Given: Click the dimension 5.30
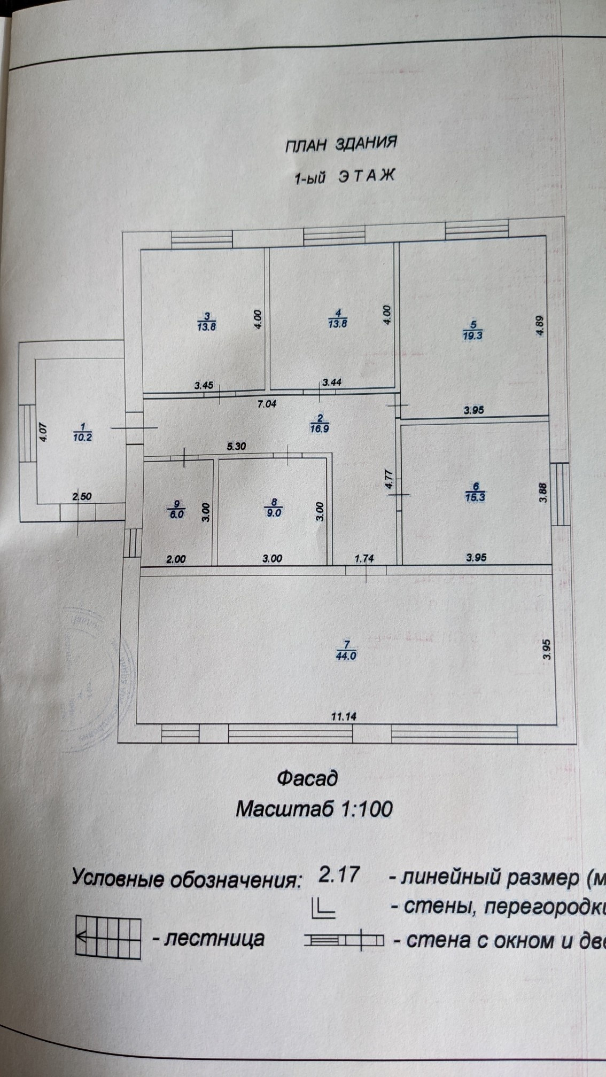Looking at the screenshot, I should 236,447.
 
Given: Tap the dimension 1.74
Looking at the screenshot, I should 364,559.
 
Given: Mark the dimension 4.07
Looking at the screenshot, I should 44,432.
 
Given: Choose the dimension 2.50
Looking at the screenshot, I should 82,496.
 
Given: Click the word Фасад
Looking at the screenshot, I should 307,778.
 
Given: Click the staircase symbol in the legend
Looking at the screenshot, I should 107,937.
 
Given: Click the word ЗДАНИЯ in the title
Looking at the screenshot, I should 366,144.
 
